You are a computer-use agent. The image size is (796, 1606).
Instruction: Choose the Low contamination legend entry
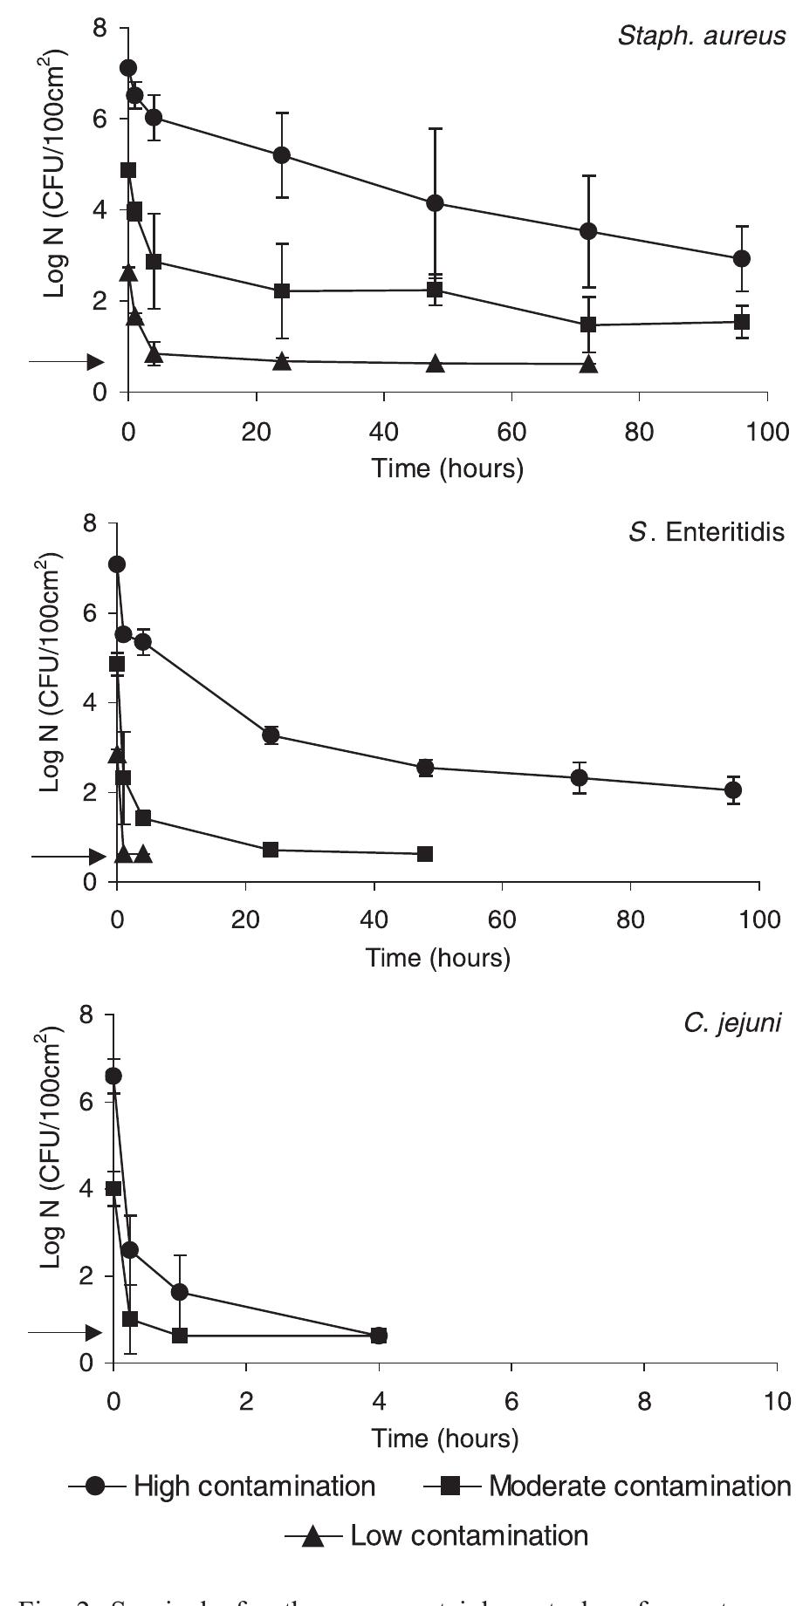tap(436, 1534)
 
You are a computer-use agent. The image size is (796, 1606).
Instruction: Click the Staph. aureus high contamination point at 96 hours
tap(742, 258)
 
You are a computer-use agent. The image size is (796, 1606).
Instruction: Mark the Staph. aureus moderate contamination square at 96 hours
tap(742, 322)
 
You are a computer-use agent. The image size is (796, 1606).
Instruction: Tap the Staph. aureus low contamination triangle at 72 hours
tap(589, 364)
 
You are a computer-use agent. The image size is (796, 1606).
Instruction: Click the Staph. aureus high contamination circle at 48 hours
tap(436, 203)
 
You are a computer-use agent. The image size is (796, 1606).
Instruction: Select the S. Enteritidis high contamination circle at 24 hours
tap(271, 735)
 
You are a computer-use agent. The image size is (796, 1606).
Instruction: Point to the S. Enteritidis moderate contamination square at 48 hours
tap(425, 854)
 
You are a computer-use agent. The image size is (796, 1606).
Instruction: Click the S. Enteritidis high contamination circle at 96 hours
tap(733, 790)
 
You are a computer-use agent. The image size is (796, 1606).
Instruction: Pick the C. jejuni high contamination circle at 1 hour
tap(180, 1292)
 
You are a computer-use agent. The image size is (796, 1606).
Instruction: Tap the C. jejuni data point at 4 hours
tap(379, 1336)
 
